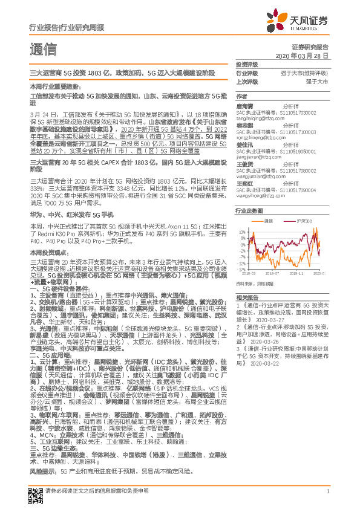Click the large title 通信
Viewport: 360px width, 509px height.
(x=43, y=49)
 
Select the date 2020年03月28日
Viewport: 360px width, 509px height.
(x=306, y=56)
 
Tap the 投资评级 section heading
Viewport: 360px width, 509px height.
(x=246, y=64)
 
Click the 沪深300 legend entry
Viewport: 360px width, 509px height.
(x=305, y=221)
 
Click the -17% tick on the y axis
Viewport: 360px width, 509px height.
(x=241, y=270)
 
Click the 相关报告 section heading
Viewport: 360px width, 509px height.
(x=246, y=297)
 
